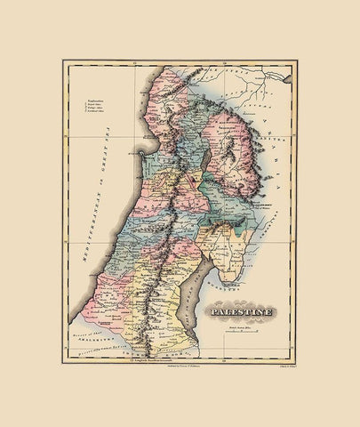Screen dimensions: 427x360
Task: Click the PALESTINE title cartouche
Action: click(243, 312)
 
